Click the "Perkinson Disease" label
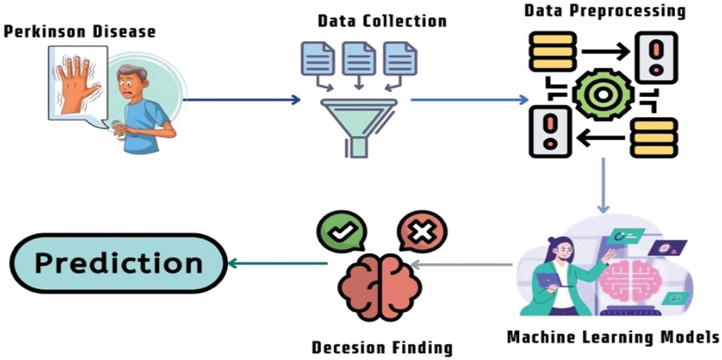click(80, 32)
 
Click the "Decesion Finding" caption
click(383, 347)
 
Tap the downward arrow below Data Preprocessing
click(602, 188)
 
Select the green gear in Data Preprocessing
click(603, 93)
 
